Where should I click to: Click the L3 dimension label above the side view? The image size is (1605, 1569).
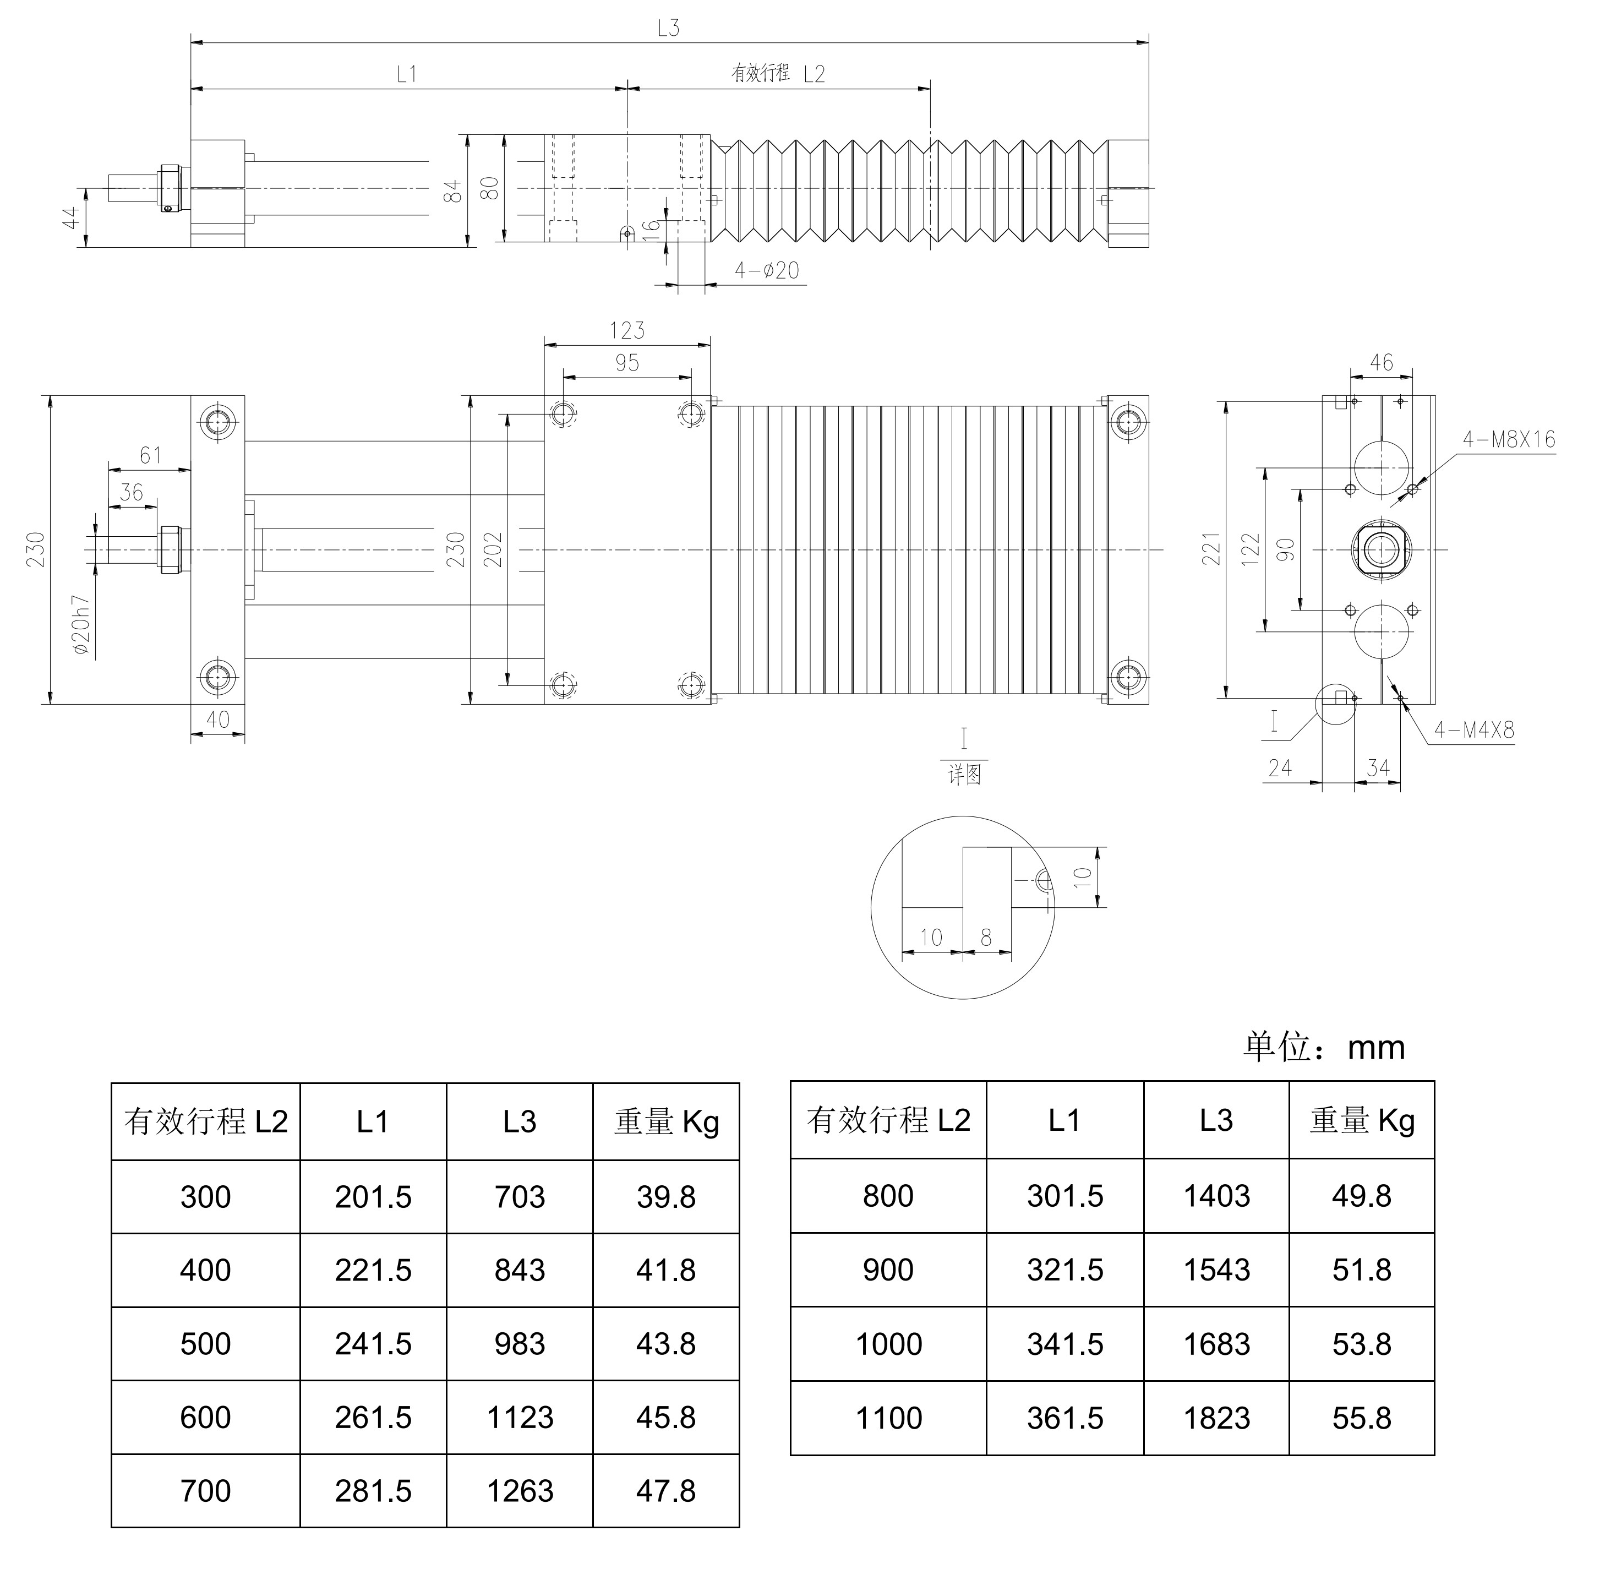(668, 28)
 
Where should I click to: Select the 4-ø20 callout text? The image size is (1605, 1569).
(767, 270)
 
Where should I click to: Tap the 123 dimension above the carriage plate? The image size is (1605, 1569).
(627, 330)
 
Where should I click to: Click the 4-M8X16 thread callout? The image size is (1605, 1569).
(1509, 439)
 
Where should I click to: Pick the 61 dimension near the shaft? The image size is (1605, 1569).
(151, 455)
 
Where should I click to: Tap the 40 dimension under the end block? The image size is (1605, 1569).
(217, 720)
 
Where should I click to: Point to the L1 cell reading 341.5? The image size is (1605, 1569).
(1064, 1344)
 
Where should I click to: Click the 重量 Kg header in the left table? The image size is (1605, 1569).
(666, 1121)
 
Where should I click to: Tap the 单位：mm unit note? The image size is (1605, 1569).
(1323, 1047)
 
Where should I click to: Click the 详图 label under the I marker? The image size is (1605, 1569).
(964, 775)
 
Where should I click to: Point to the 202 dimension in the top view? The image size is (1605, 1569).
(493, 549)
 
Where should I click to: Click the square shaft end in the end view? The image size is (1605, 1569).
(1381, 549)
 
